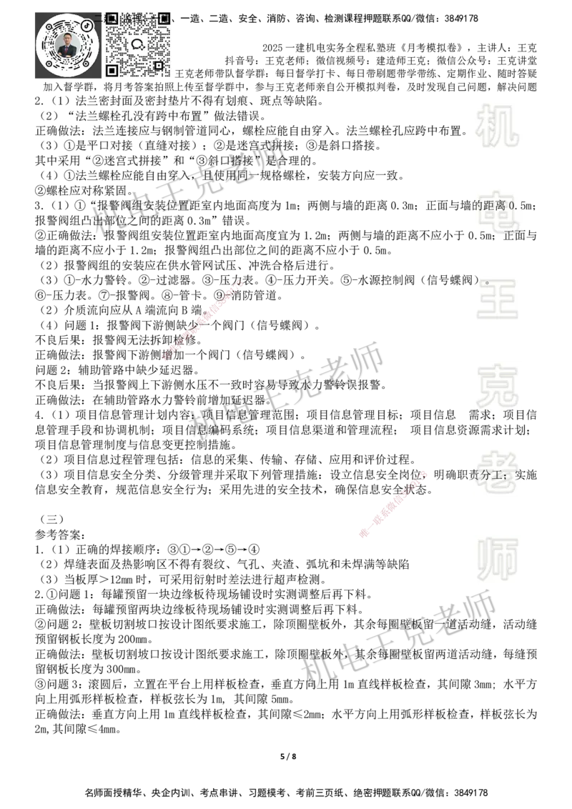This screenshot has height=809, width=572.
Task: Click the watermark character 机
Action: [497, 126]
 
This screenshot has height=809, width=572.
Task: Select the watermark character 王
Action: [497, 300]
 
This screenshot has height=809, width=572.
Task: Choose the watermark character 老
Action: [497, 472]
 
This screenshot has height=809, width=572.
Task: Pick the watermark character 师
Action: [497, 560]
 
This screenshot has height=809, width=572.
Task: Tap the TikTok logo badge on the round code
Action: [87, 25]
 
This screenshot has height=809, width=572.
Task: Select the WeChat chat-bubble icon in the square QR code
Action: [138, 44]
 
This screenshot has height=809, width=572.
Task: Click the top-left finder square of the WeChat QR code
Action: [112, 19]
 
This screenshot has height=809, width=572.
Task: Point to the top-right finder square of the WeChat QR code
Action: [164, 19]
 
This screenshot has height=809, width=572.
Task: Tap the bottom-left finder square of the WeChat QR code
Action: [112, 70]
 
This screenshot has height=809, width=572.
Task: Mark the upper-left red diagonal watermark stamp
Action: [203, 322]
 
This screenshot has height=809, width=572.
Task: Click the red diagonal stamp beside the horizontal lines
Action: [392, 504]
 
